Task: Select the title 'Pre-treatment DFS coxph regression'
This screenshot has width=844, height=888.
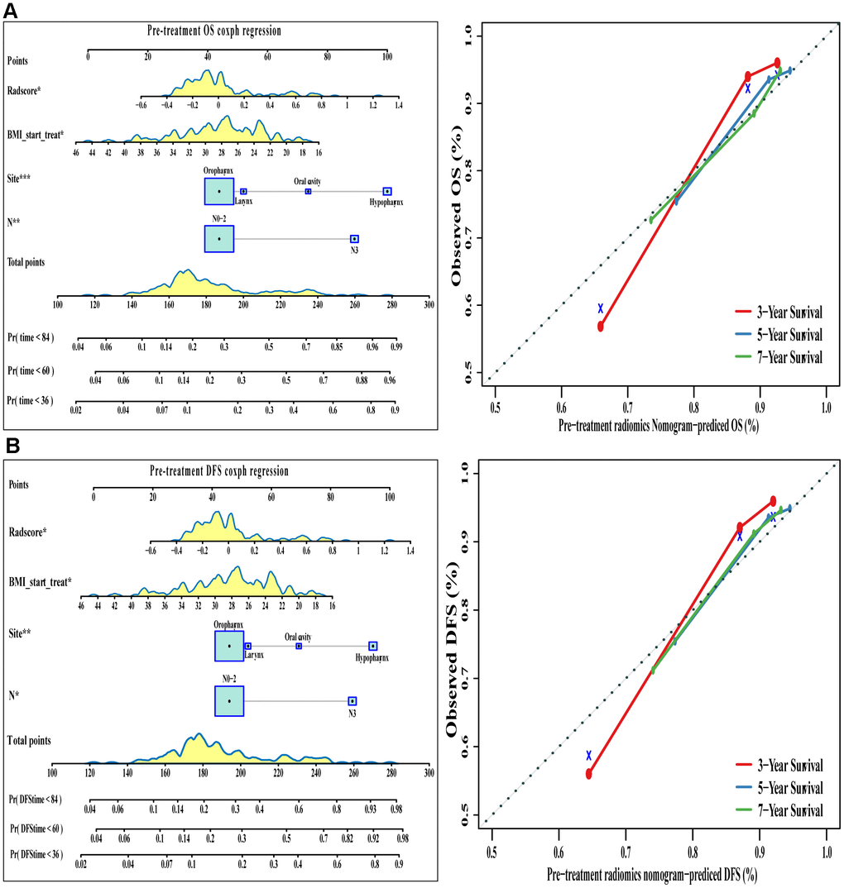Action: [x=219, y=471]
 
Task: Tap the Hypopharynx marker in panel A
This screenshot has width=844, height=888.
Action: [x=387, y=191]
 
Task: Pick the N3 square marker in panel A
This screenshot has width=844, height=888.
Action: [x=355, y=238]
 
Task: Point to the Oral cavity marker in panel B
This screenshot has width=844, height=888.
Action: [x=299, y=646]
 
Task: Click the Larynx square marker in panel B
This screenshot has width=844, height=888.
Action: [x=248, y=646]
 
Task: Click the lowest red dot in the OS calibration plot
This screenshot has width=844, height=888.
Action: [x=601, y=327]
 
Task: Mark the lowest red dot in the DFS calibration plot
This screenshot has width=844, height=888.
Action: [x=589, y=774]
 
